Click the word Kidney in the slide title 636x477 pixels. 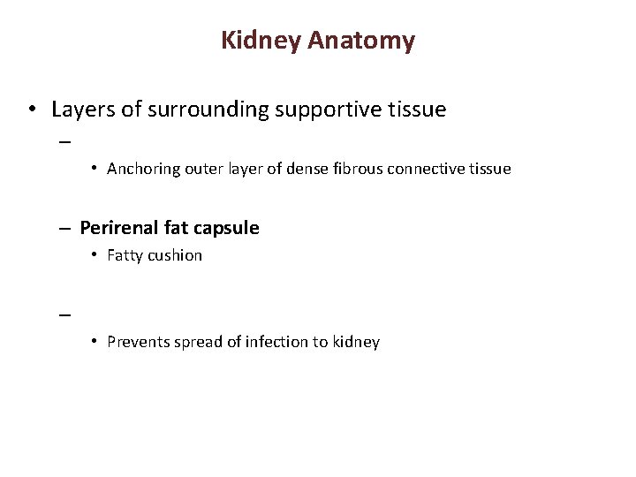point(261,41)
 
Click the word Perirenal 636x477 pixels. point(119,228)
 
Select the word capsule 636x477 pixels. point(227,228)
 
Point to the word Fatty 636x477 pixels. point(126,256)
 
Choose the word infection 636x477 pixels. point(266,342)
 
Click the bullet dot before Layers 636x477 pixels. point(31,111)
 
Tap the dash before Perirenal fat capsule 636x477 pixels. point(65,229)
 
